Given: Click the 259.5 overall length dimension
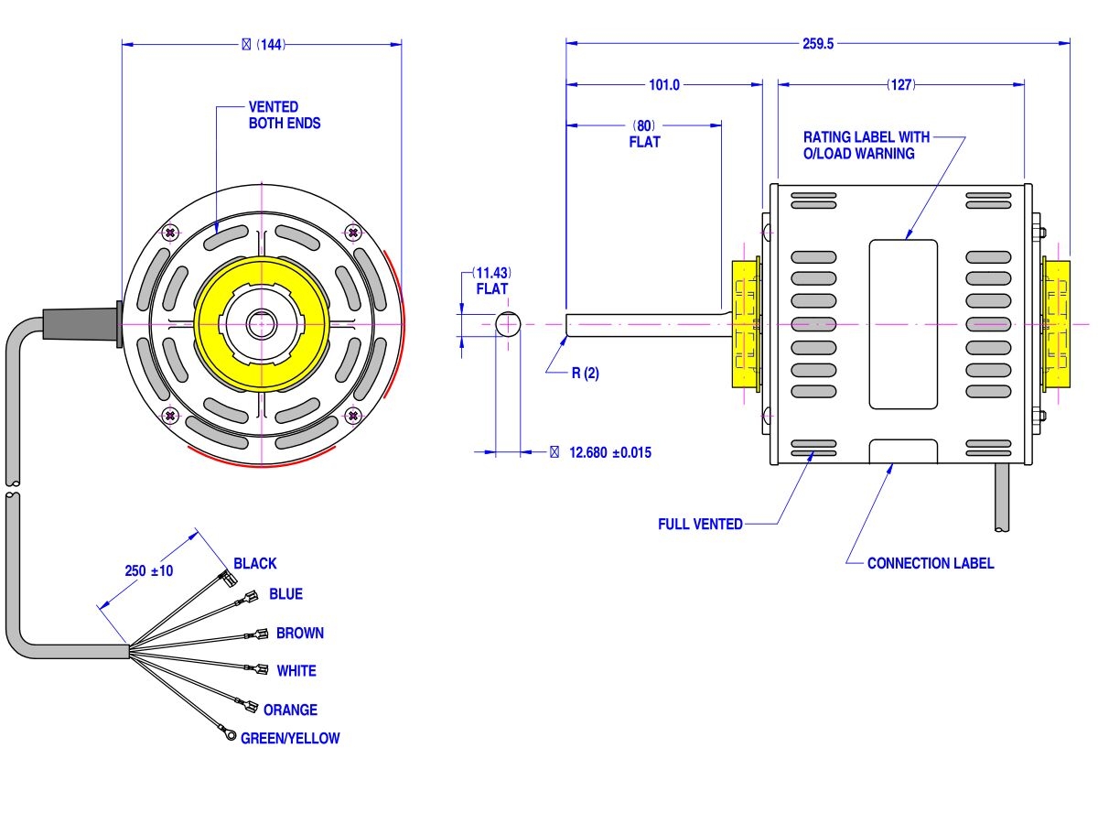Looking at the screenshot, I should [x=817, y=43].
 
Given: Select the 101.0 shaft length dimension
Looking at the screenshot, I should [x=664, y=85].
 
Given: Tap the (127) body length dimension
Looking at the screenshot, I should [x=900, y=85].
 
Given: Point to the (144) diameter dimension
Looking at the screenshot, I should [x=264, y=44].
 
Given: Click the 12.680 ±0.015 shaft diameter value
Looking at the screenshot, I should [x=609, y=452].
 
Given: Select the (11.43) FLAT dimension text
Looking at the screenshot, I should [x=490, y=274].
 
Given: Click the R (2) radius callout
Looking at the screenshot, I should [x=585, y=373].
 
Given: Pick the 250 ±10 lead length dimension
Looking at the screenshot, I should [x=149, y=570].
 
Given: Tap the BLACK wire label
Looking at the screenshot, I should [x=254, y=563].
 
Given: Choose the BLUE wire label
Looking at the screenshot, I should [x=285, y=594].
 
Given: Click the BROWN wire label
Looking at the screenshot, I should [x=299, y=633].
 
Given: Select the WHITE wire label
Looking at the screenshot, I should [x=296, y=671].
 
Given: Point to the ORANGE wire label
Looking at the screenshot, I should [x=290, y=710].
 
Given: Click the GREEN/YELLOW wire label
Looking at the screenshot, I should [x=289, y=738].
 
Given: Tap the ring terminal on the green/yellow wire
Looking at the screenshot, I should [x=231, y=735].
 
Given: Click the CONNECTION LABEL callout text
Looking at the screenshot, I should [x=930, y=563].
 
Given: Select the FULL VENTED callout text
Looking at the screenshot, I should [x=700, y=525].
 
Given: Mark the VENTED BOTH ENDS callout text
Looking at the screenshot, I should [x=284, y=114].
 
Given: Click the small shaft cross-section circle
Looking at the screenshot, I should [x=508, y=324].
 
